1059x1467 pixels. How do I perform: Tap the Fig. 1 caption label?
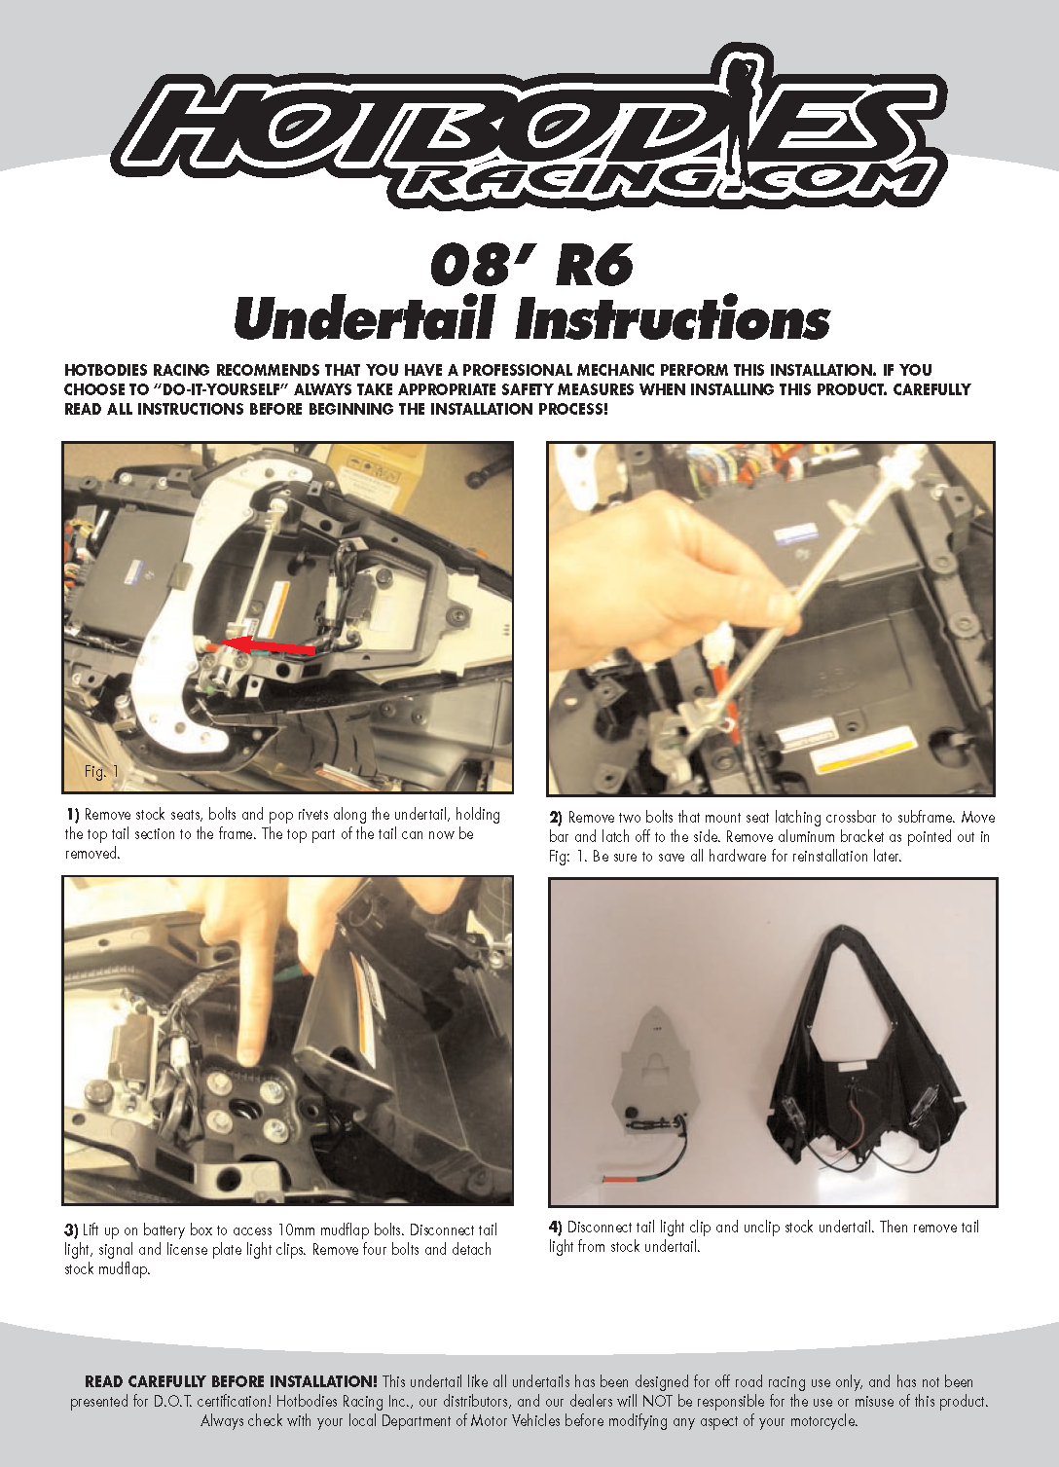(101, 771)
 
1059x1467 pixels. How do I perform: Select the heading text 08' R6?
(531, 265)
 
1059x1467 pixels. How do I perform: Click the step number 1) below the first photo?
(72, 815)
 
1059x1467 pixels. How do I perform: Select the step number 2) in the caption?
(556, 818)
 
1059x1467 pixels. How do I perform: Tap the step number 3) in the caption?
(71, 1230)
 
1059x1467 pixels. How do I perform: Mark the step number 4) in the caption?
(556, 1228)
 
